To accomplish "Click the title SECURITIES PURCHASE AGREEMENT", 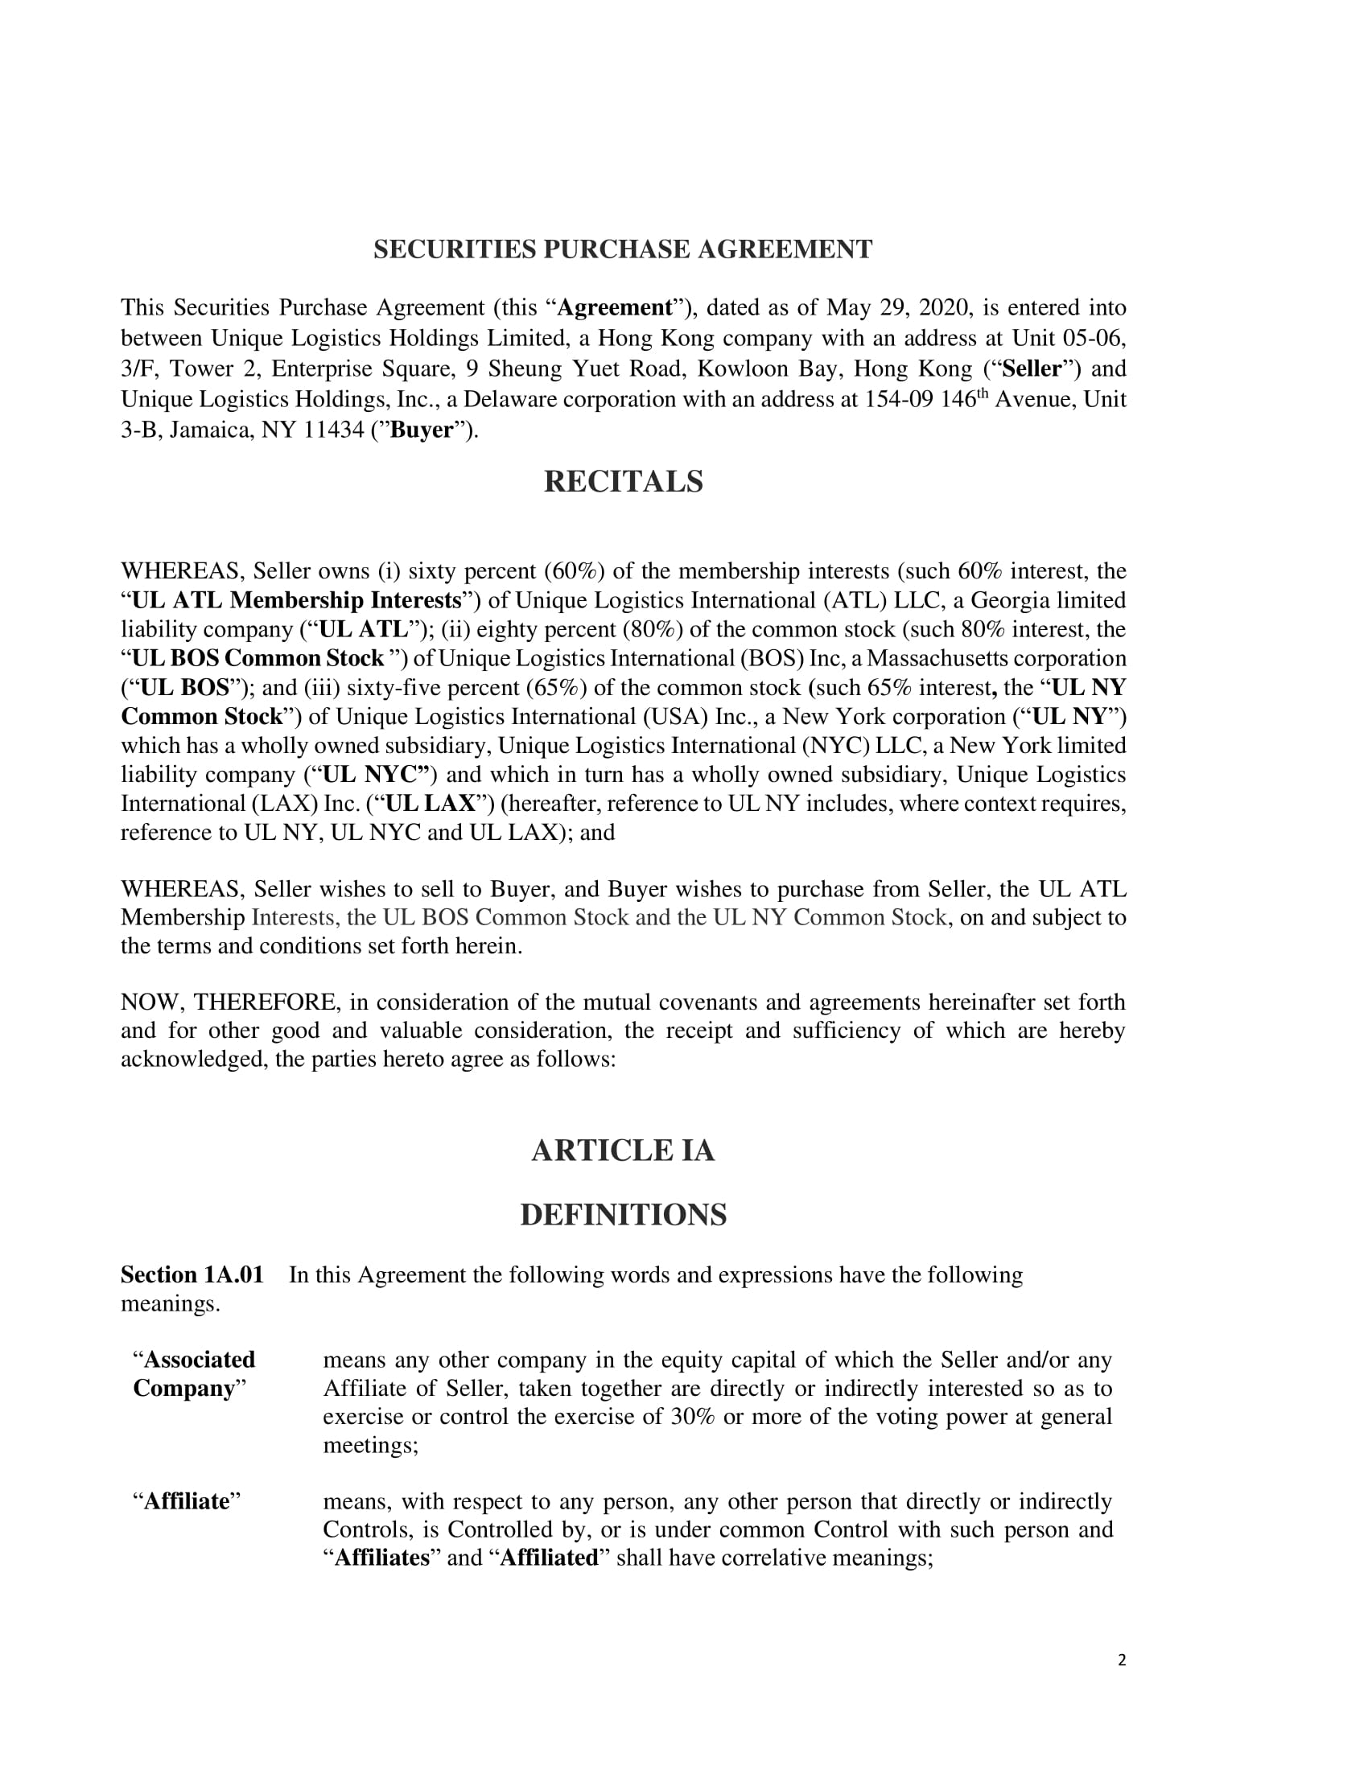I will coord(622,249).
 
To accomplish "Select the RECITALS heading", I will coord(622,481).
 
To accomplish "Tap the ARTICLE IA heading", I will coord(622,1150).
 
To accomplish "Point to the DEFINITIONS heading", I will coord(622,1215).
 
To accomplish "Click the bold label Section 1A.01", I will coord(192,1275).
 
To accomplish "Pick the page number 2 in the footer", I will coord(1122,1660).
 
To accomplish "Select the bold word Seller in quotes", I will coord(1031,368).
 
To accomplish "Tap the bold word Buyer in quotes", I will coord(422,430).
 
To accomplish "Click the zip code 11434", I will coord(334,430).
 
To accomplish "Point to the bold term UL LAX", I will coord(430,803).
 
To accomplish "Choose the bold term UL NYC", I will coord(374,774).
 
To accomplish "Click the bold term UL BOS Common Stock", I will coord(258,658).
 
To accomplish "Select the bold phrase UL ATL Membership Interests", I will coord(297,599).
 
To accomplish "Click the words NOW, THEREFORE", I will coord(229,1002).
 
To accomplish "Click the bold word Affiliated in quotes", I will coord(550,1558).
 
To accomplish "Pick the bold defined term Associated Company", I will coord(195,1373).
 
